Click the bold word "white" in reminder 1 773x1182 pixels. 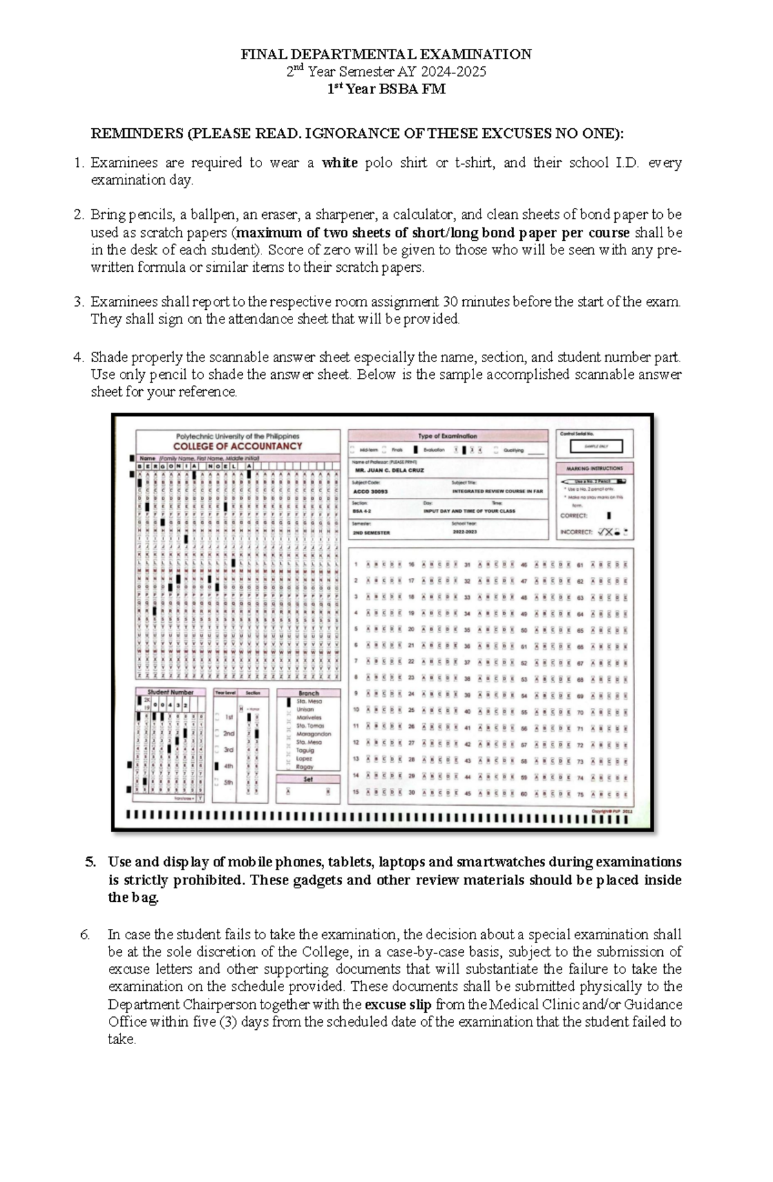click(x=339, y=163)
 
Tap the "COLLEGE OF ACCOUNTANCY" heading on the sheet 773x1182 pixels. click(x=238, y=446)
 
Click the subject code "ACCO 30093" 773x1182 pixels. click(x=370, y=491)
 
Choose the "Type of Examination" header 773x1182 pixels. click(x=447, y=436)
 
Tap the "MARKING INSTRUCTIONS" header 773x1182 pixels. click(x=595, y=468)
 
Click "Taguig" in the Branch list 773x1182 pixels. click(x=305, y=750)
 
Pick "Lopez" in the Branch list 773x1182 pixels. click(x=304, y=759)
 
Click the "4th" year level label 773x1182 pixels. click(x=229, y=767)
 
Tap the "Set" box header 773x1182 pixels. click(x=308, y=779)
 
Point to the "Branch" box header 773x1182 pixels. click(x=309, y=693)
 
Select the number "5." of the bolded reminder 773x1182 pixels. click(x=91, y=863)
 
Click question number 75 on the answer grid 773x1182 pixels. click(x=580, y=795)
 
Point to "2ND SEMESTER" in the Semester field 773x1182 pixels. click(x=371, y=533)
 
